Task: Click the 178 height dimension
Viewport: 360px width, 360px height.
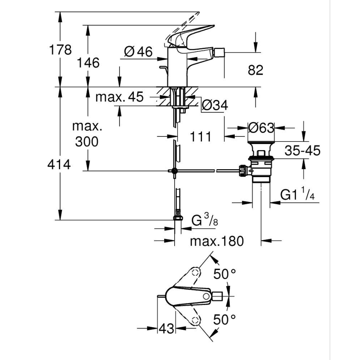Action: [60, 50]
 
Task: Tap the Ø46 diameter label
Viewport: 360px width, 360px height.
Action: [139, 52]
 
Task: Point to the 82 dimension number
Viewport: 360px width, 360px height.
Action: [255, 70]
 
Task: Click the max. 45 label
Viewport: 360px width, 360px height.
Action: [119, 97]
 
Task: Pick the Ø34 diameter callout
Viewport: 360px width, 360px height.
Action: [215, 106]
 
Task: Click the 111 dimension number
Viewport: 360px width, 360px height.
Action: [201, 136]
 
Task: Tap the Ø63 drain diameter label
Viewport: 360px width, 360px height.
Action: [261, 128]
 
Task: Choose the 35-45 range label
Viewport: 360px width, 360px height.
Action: [302, 151]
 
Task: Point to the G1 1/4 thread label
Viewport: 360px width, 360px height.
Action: [297, 195]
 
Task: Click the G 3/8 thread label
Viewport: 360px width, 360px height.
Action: [205, 221]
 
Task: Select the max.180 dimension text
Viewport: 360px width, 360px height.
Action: [217, 241]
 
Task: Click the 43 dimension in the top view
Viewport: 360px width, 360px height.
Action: [167, 328]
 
